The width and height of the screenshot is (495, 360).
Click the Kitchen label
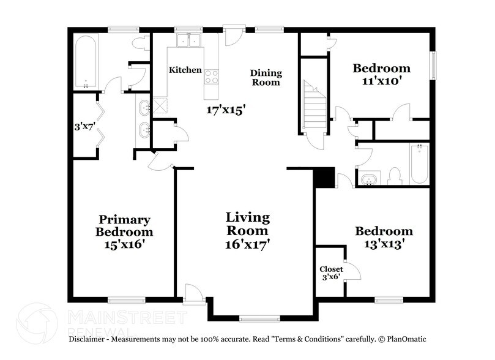[x=185, y=70]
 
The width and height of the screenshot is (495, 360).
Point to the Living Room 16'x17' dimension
[x=247, y=244]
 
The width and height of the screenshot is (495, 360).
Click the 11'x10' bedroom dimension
[x=381, y=81]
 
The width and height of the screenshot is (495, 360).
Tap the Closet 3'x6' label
[x=330, y=273]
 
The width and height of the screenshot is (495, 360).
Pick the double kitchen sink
[x=188, y=40]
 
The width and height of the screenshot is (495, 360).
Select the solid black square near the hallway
[x=324, y=177]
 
